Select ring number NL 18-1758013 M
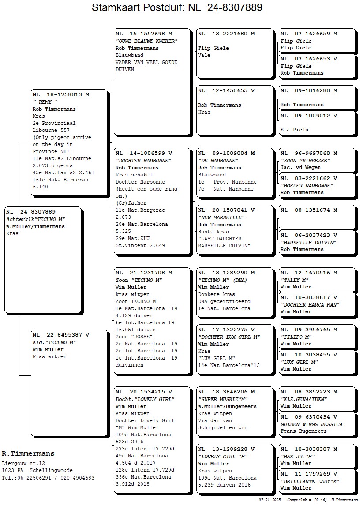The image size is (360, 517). pyautogui.click(x=61, y=94)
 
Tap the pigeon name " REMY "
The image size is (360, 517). pyautogui.click(x=45, y=102)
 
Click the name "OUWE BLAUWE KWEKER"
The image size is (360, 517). pyautogui.click(x=146, y=41)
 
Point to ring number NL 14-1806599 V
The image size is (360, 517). pyautogui.click(x=144, y=153)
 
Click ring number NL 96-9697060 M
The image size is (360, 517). pyautogui.click(x=309, y=153)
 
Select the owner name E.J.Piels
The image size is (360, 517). pyautogui.click(x=294, y=130)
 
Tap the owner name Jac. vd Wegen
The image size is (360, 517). pyautogui.click(x=300, y=167)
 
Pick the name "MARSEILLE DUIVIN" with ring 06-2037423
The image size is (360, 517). pyautogui.click(x=309, y=242)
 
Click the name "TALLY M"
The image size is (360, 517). pyautogui.click(x=294, y=280)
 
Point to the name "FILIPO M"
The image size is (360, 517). pyautogui.click(x=296, y=337)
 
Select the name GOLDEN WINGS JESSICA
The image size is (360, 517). pyautogui.click(x=311, y=424)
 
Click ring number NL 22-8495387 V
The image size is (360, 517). pyautogui.click(x=61, y=335)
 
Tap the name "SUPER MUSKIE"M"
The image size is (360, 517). pyautogui.click(x=223, y=399)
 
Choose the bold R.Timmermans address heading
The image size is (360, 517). pyautogui.click(x=28, y=453)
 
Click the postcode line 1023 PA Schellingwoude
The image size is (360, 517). pyautogui.click(x=37, y=470)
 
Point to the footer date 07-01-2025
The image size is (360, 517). pyautogui.click(x=270, y=500)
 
